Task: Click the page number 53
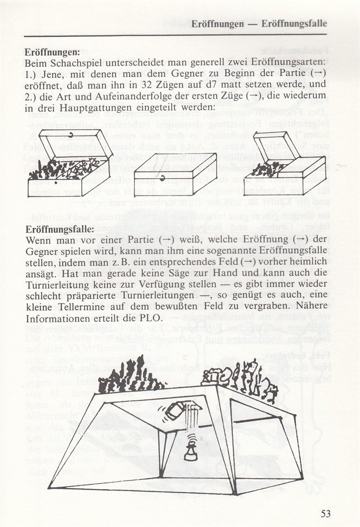(325, 513)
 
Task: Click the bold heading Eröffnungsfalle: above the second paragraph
(60, 230)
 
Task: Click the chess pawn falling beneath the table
(191, 450)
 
